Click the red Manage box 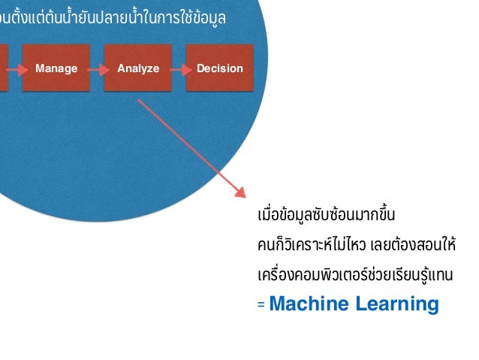56,68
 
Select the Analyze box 138,68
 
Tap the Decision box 219,68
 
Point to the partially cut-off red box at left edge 4,68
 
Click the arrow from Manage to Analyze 97,68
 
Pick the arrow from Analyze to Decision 179,68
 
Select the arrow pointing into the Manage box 16,68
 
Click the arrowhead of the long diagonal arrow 240,193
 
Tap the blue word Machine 308,304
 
